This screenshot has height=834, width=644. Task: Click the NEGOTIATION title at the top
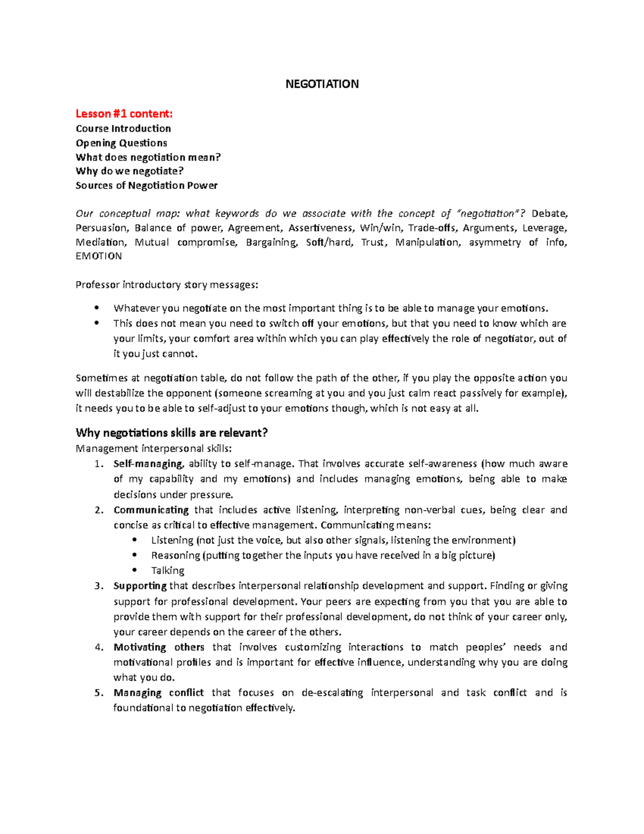click(x=321, y=84)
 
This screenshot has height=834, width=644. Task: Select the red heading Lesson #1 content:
click(x=124, y=113)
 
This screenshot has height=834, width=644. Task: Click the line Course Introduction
click(x=123, y=128)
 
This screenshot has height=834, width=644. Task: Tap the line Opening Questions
click(x=121, y=143)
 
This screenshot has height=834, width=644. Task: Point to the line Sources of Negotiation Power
click(x=147, y=185)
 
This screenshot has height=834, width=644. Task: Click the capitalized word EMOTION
click(x=99, y=256)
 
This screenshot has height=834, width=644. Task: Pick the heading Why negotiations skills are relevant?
click(x=171, y=433)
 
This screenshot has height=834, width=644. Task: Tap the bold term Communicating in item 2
click(x=151, y=510)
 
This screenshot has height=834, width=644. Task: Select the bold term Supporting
click(x=140, y=586)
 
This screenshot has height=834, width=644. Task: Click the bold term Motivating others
click(x=159, y=647)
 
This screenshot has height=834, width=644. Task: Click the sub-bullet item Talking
click(x=167, y=570)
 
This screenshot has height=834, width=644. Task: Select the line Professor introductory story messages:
click(x=166, y=285)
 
